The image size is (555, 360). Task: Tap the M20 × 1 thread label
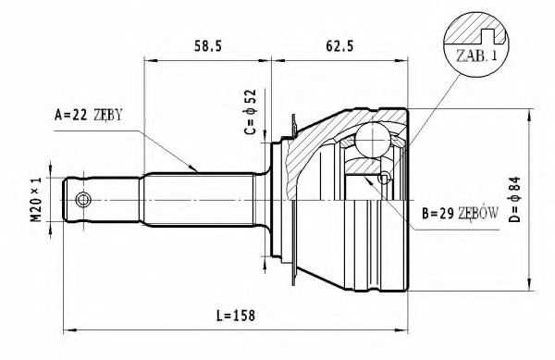click(x=37, y=200)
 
